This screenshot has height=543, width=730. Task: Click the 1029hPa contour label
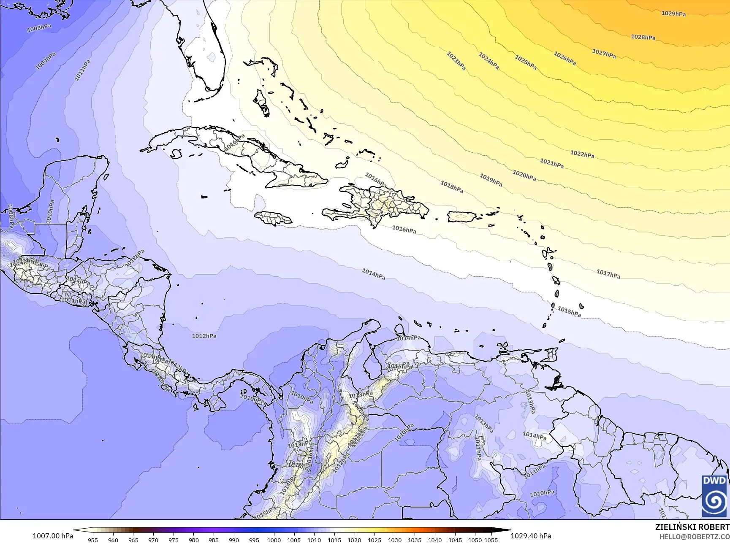(x=673, y=14)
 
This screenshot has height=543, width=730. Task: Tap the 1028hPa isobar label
(x=643, y=37)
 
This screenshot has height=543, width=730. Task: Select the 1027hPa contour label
(x=604, y=54)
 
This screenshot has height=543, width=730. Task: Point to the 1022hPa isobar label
(x=582, y=154)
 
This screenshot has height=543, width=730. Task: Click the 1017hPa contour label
(x=608, y=274)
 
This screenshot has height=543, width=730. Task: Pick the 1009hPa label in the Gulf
(x=45, y=61)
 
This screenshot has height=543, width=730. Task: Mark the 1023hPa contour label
(x=456, y=61)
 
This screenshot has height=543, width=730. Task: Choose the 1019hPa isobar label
(x=491, y=180)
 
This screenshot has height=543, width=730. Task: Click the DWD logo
(x=714, y=495)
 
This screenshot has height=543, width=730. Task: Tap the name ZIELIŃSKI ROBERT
(x=692, y=527)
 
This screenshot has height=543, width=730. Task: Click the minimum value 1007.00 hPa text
(x=53, y=536)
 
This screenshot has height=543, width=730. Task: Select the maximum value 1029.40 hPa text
(x=531, y=536)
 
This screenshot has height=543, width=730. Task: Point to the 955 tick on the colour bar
(x=93, y=540)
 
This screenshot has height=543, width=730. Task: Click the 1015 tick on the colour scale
(x=334, y=540)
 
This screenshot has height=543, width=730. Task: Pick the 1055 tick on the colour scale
(x=491, y=540)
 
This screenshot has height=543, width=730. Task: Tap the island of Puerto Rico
(x=461, y=217)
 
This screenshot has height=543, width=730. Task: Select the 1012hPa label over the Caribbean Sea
(x=204, y=336)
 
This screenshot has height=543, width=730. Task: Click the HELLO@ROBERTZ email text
(x=695, y=536)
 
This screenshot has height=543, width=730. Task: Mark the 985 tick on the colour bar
(x=214, y=540)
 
